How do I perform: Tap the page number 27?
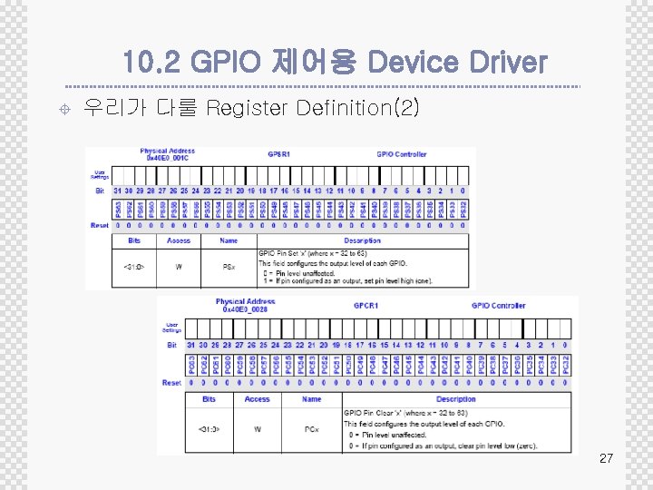point(607,459)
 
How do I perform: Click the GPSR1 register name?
point(278,154)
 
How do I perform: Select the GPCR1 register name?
point(365,305)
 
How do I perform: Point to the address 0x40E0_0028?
point(245,309)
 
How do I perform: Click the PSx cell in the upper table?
point(229,266)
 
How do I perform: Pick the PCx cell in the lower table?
point(311,428)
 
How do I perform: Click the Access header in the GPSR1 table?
point(179,240)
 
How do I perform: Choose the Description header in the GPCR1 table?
point(455,399)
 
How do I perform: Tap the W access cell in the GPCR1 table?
point(257,428)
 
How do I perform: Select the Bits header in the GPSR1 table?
point(133,240)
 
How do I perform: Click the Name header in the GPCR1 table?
point(311,399)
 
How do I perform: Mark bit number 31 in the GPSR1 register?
point(118,191)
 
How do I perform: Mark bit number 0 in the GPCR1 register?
point(566,345)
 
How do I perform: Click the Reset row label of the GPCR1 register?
point(171,383)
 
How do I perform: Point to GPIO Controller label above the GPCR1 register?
point(497,305)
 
